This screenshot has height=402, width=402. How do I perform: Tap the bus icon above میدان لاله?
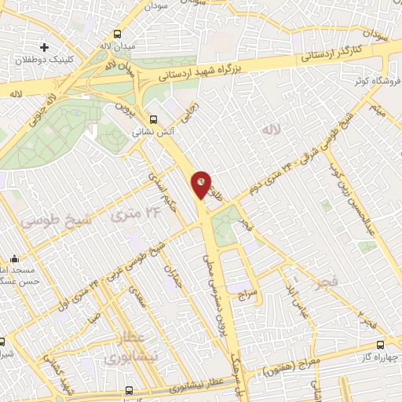tap(117, 35)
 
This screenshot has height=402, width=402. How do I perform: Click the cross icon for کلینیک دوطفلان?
tap(45, 49)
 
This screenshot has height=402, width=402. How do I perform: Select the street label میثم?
tap(378, 108)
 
